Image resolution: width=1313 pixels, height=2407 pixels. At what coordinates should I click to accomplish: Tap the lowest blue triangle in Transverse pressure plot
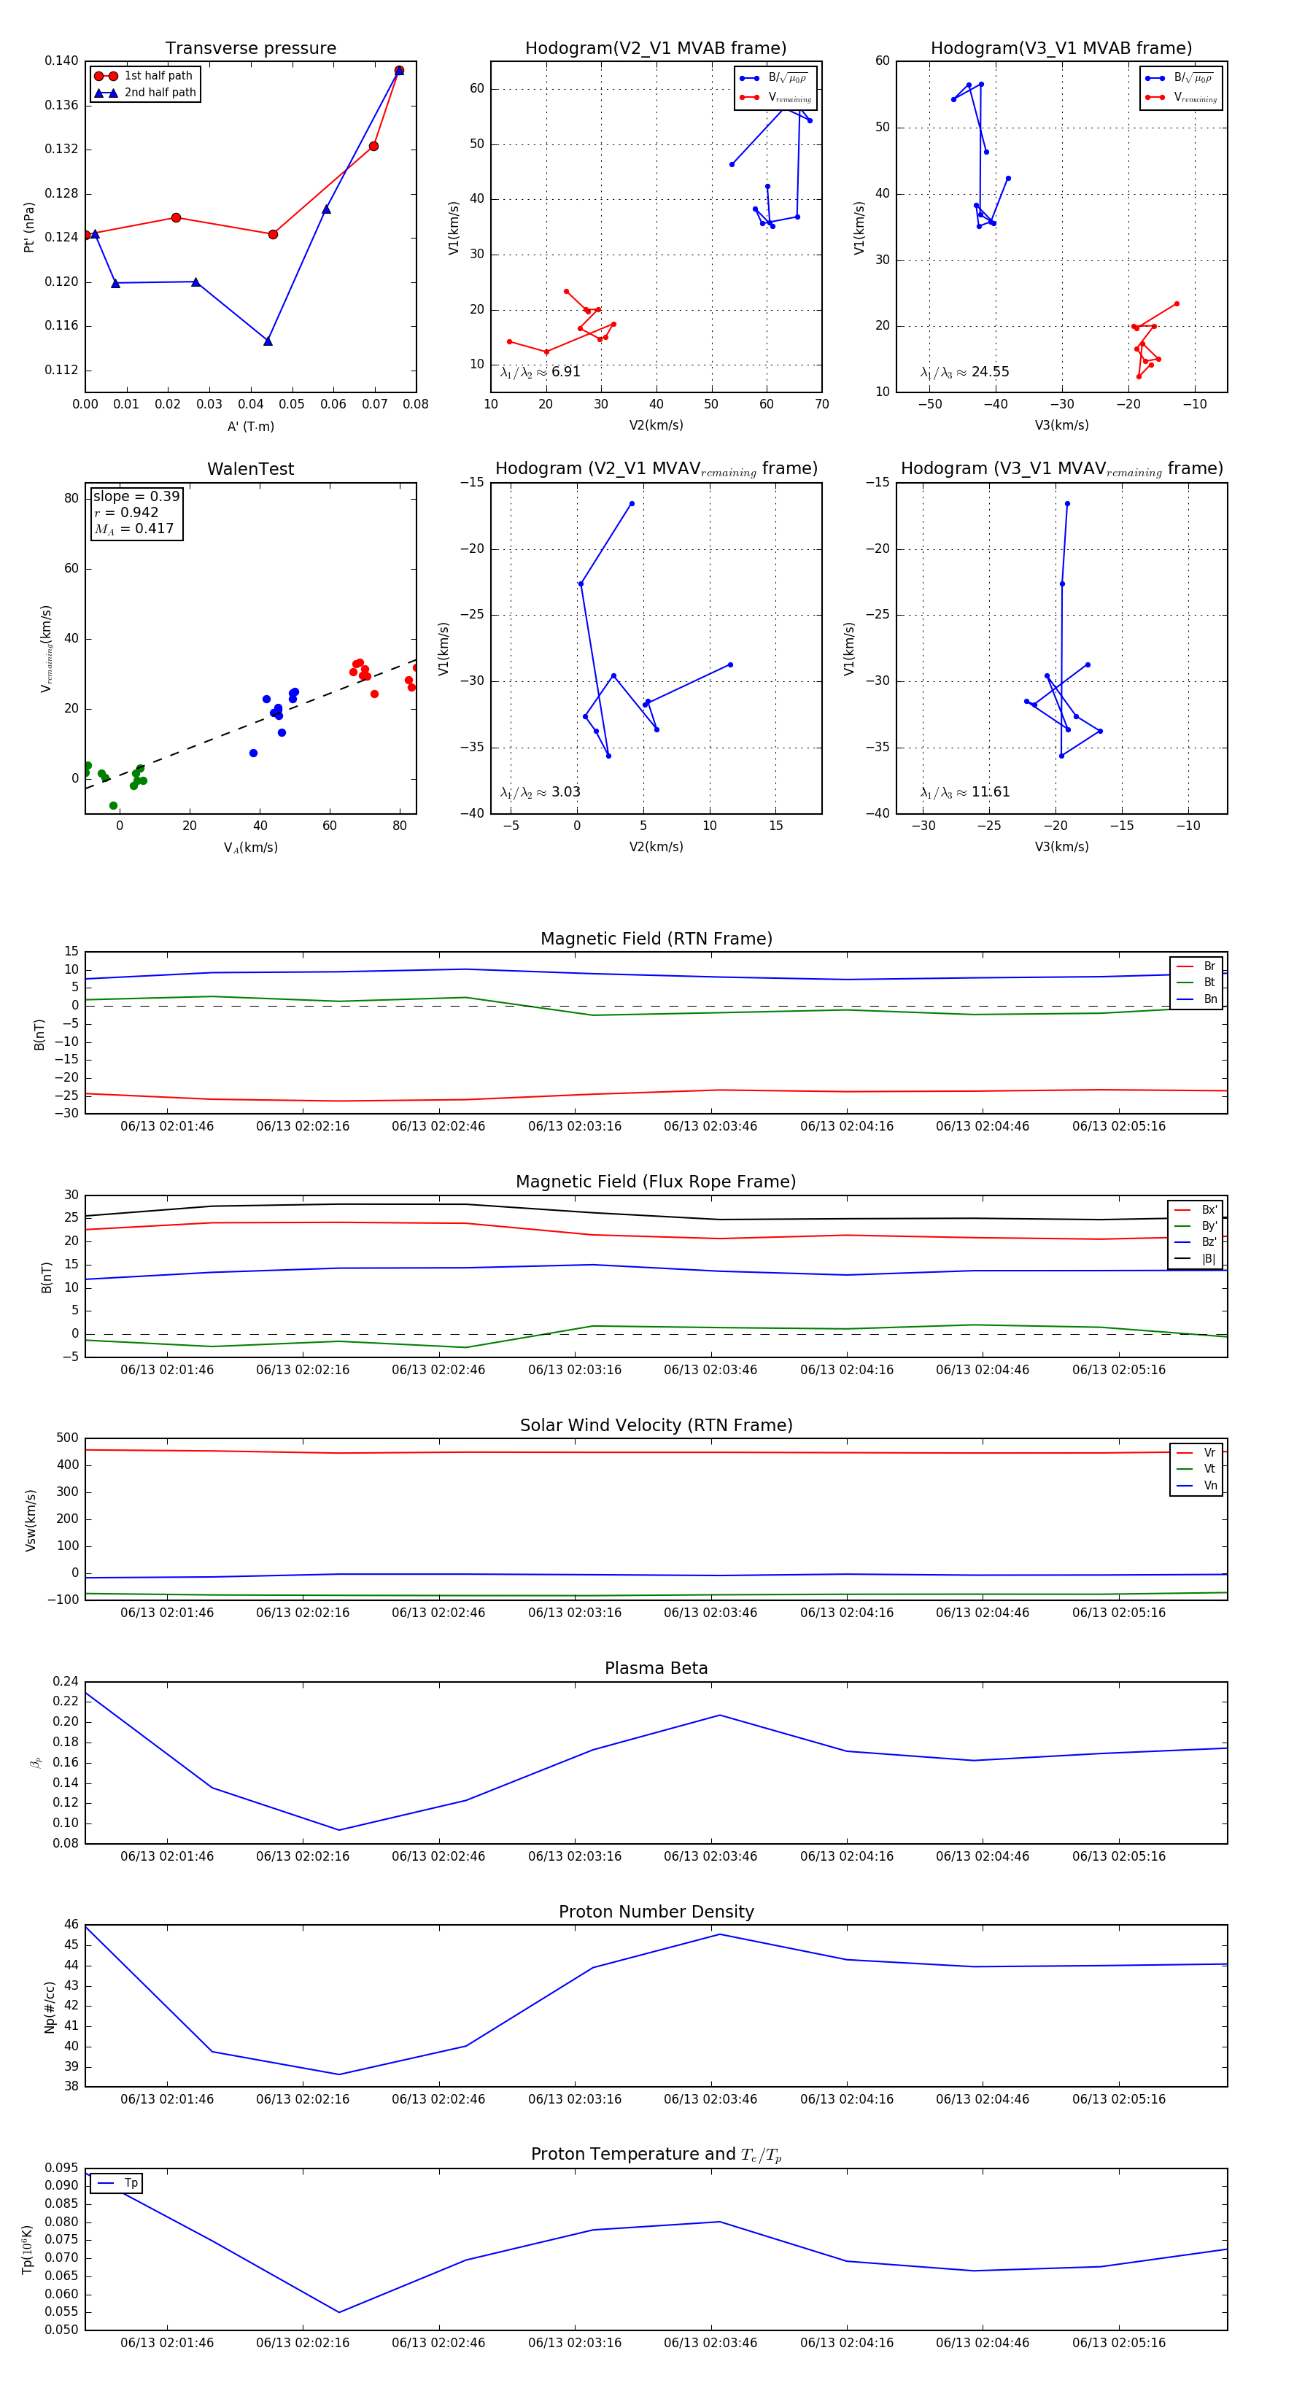[x=268, y=341]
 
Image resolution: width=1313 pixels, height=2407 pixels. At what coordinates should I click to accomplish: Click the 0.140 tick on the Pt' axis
[x=62, y=61]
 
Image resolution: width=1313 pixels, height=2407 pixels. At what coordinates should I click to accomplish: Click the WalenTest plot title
[x=250, y=469]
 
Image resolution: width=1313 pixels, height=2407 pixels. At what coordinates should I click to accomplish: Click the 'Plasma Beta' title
[x=656, y=1668]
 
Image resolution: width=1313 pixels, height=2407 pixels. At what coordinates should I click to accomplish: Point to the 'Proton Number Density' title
[x=656, y=1912]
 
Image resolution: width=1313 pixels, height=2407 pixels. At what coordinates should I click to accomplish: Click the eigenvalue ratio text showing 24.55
[x=964, y=372]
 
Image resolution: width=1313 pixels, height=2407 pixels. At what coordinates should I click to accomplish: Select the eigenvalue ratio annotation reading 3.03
[x=540, y=792]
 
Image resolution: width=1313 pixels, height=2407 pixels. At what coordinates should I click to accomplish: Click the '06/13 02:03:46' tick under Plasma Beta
[x=710, y=1856]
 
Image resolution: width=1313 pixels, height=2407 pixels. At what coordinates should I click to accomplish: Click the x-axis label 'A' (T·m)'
[x=250, y=427]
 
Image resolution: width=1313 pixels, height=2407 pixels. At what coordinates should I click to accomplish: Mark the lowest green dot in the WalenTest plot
[x=113, y=805]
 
